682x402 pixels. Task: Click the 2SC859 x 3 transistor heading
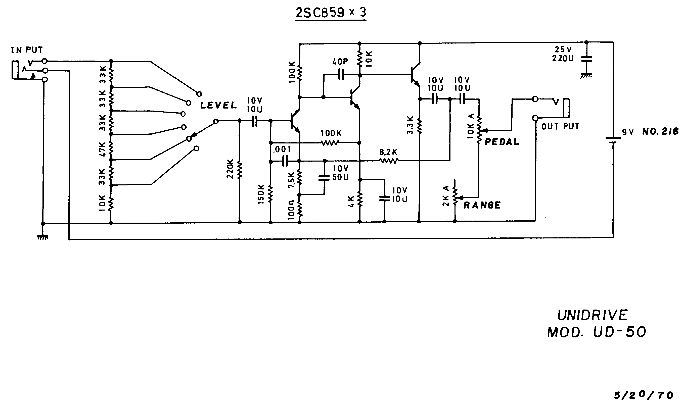331,13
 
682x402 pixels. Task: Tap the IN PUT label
27,50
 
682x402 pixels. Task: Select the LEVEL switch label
218,105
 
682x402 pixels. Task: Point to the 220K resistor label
230,169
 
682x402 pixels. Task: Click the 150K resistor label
261,194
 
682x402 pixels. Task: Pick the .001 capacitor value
282,149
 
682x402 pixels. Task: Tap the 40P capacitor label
340,62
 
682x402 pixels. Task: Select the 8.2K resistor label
388,152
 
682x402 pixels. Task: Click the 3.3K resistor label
410,125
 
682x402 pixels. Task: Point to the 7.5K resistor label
292,180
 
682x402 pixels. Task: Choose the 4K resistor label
351,202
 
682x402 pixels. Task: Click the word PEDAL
502,142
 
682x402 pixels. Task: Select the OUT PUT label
560,126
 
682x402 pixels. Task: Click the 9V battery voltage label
627,132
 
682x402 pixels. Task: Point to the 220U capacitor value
563,58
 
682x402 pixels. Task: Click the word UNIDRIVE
592,315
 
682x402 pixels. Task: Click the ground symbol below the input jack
42,237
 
